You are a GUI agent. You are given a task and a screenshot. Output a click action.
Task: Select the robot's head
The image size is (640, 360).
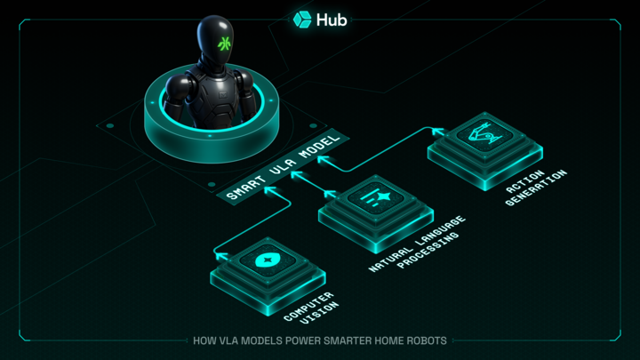pos(218,40)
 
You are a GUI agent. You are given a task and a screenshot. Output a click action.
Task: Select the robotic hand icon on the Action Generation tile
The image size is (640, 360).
pos(481,135)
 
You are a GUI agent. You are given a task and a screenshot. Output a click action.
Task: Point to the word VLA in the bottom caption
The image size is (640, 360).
pos(230,340)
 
